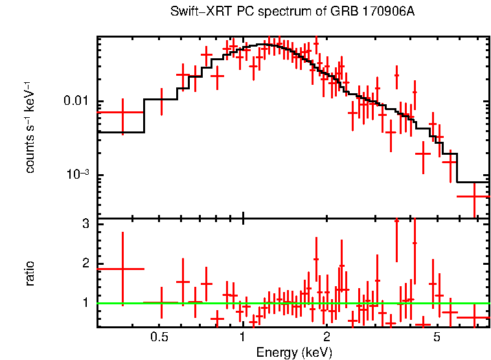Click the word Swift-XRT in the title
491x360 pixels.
(x=196, y=12)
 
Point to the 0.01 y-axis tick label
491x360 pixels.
(x=76, y=102)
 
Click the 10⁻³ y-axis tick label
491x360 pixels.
(x=77, y=174)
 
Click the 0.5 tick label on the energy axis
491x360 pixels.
(x=159, y=337)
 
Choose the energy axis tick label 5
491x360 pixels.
(x=437, y=337)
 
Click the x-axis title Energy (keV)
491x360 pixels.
(x=294, y=352)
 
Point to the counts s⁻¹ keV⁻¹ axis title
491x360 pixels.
(x=30, y=126)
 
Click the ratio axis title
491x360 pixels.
(x=30, y=273)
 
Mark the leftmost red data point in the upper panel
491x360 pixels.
(x=121, y=112)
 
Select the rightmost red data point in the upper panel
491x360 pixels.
(x=474, y=196)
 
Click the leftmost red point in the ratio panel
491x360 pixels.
(x=121, y=268)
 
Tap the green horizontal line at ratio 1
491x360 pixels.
(x=291, y=303)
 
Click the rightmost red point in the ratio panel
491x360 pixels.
(x=474, y=317)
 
